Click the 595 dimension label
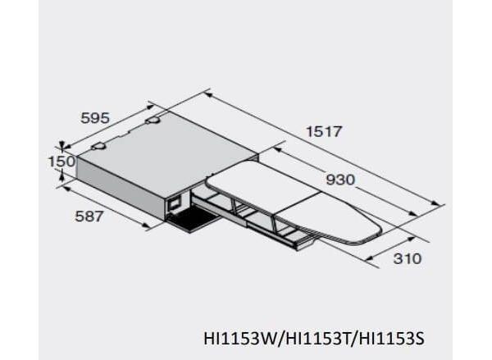click(x=95, y=118)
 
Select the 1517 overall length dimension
click(x=323, y=131)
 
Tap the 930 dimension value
click(x=340, y=180)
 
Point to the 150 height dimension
click(x=61, y=162)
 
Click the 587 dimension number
click(x=89, y=216)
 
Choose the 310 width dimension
click(x=408, y=258)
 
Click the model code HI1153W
click(x=240, y=339)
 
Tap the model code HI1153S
click(x=390, y=339)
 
